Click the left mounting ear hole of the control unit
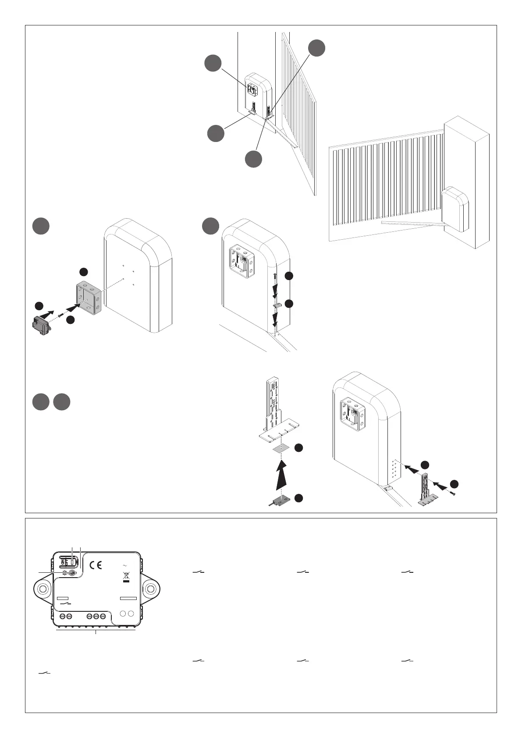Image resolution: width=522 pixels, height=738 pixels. click(x=43, y=589)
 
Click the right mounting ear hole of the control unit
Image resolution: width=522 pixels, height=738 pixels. click(x=150, y=589)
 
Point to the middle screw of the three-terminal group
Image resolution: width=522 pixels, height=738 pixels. click(x=96, y=616)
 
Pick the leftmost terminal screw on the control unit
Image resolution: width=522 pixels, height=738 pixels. click(x=62, y=616)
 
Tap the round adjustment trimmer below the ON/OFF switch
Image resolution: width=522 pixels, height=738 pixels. click(x=71, y=573)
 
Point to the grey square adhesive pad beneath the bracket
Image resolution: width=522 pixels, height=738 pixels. click(x=281, y=449)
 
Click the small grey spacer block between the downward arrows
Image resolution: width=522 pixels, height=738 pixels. click(x=276, y=303)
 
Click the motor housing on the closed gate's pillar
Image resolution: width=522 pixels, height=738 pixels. click(x=455, y=208)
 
